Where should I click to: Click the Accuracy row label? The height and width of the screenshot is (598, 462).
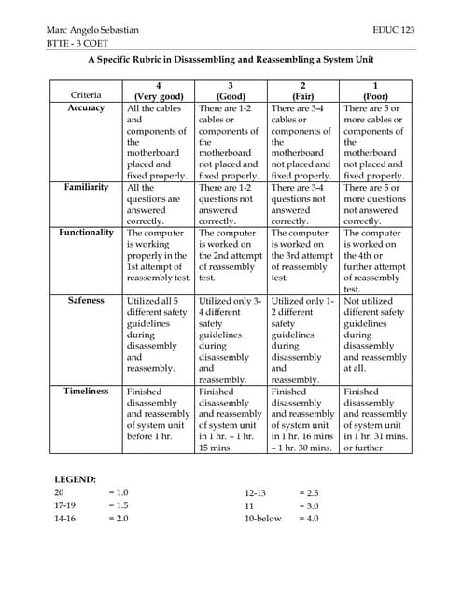[x=86, y=108]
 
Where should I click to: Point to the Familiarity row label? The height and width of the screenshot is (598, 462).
[x=86, y=187]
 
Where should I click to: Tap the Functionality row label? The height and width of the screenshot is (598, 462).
[x=86, y=232]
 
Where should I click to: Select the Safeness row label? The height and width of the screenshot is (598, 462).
[x=86, y=301]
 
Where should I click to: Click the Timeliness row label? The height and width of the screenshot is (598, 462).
[x=86, y=391]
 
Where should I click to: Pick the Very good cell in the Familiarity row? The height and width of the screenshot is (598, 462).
[x=158, y=204]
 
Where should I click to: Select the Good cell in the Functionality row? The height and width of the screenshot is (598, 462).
[x=230, y=254]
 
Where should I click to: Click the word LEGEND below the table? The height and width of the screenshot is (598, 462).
[x=75, y=479]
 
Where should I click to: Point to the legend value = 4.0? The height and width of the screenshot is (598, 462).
[x=307, y=519]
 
